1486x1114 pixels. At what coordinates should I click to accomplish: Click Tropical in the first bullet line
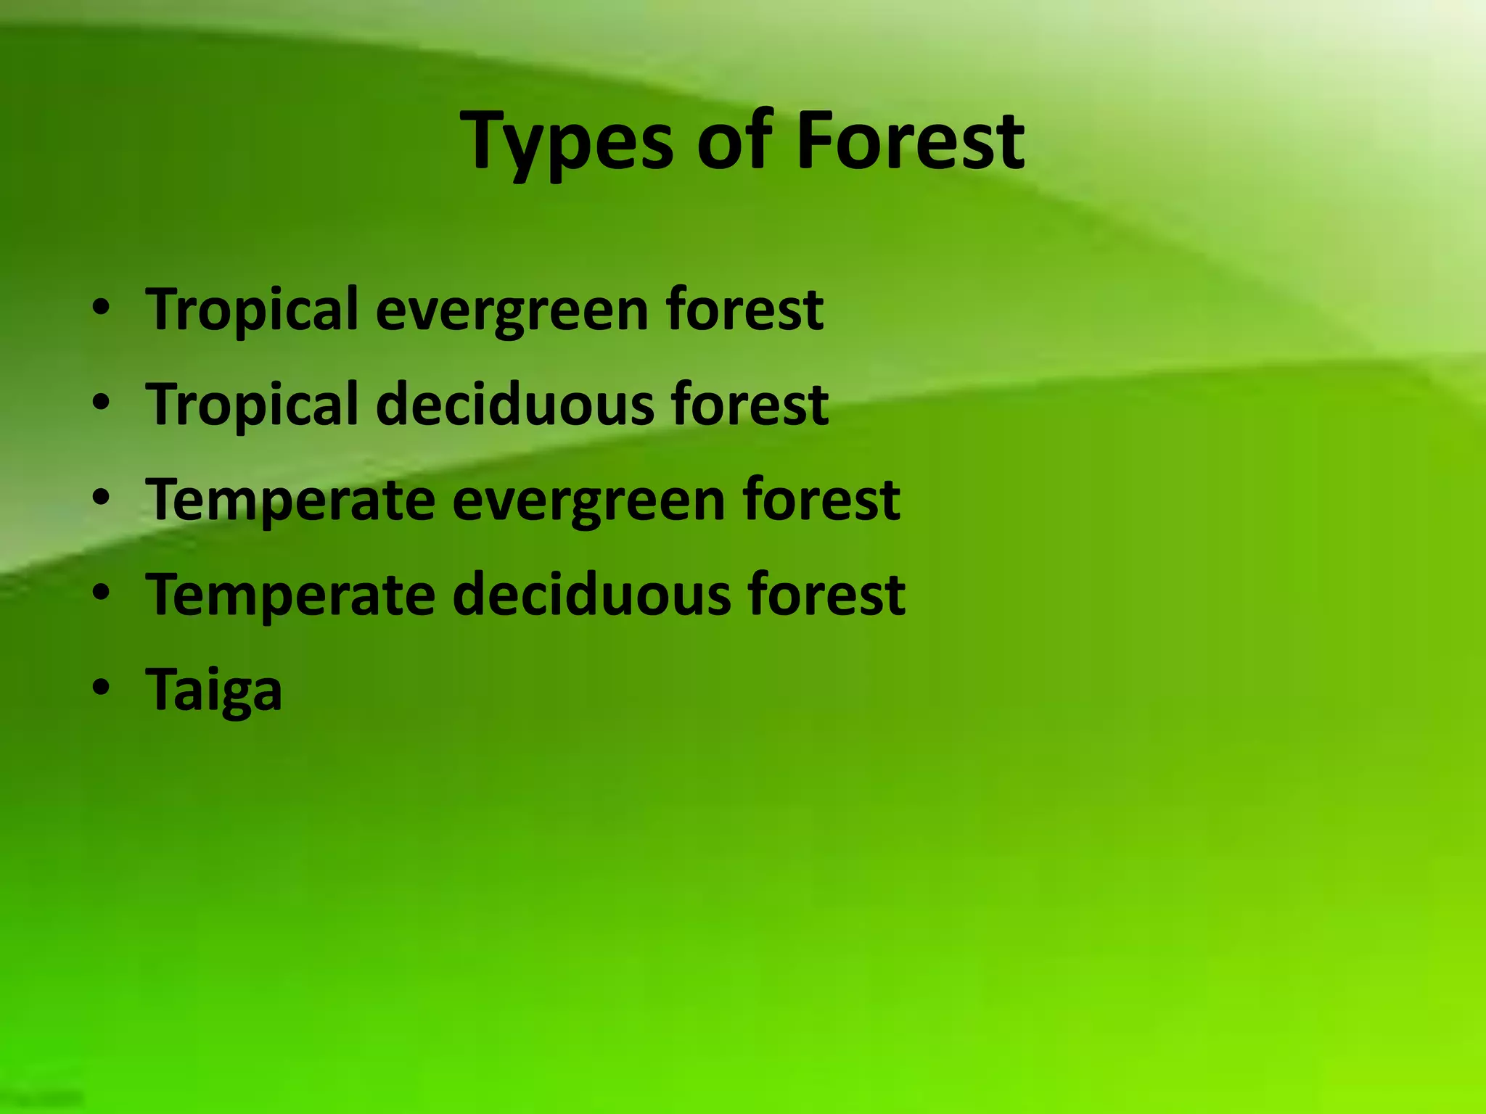click(252, 310)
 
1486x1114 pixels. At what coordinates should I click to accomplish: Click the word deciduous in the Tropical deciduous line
click(513, 404)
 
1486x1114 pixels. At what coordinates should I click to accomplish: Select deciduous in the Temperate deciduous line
click(590, 594)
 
